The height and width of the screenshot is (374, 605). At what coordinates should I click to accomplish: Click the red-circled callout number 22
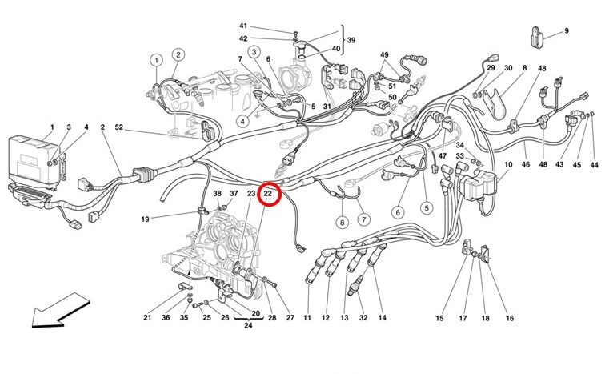tap(269, 194)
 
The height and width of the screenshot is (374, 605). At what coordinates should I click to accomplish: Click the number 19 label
tap(146, 219)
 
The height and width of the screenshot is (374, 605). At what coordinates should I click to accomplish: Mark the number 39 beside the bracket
tap(350, 38)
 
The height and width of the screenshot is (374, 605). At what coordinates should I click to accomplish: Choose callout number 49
tap(385, 55)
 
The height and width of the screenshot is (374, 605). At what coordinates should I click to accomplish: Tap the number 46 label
tap(526, 165)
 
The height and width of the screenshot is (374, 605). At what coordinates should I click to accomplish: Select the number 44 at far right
tap(594, 165)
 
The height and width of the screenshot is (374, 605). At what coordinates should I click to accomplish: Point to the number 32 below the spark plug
tap(363, 318)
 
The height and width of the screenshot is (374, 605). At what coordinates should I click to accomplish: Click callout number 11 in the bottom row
tap(307, 318)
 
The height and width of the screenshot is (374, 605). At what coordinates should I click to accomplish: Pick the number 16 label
tap(509, 318)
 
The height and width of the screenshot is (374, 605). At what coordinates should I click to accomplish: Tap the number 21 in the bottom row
tap(147, 318)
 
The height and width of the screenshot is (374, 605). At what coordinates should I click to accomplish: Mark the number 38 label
tap(217, 194)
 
